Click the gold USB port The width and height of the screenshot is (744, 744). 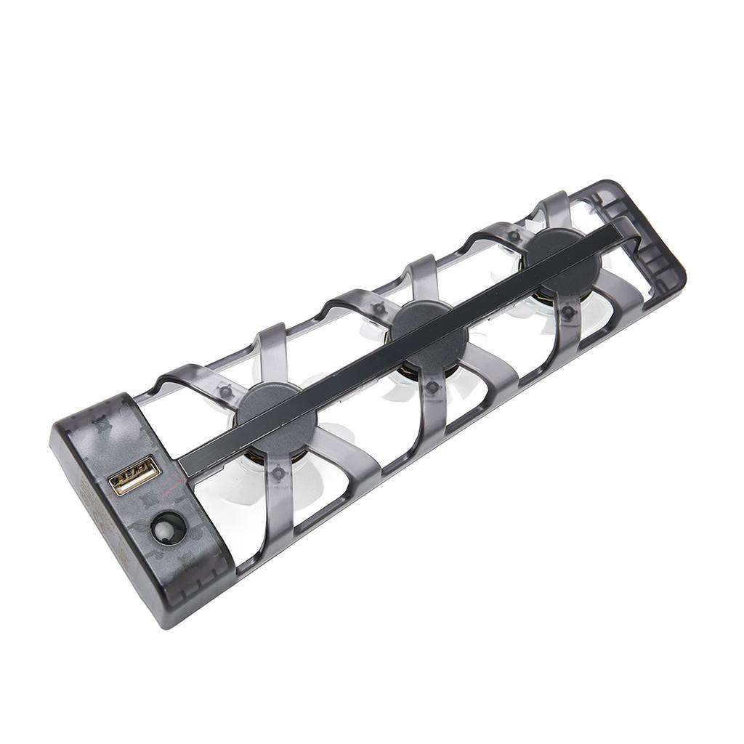click(134, 475)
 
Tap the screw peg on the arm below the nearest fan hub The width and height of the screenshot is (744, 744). click(277, 474)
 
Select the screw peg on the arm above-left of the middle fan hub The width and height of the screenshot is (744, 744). click(379, 310)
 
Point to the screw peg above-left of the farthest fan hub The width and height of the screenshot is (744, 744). click(514, 236)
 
